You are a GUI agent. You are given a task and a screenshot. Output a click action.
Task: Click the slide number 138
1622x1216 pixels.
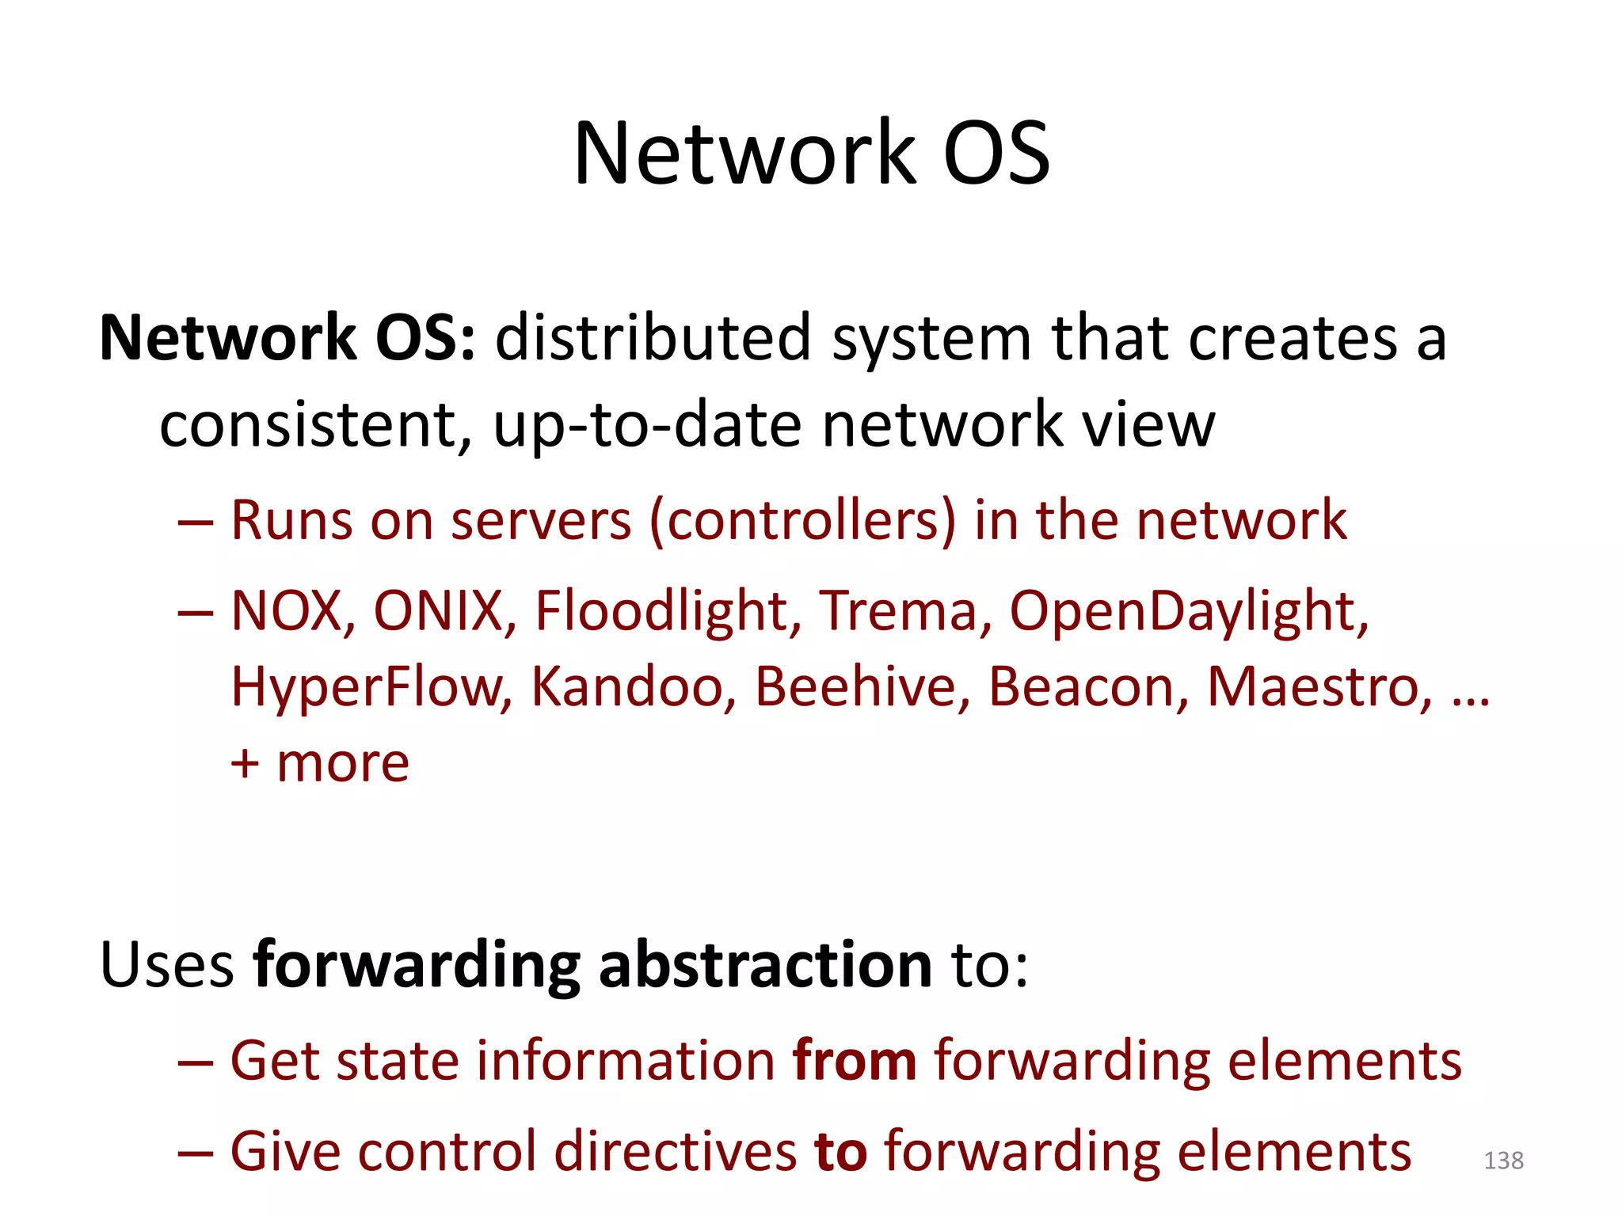1503,1161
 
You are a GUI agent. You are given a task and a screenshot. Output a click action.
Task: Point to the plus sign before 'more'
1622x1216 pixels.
245,765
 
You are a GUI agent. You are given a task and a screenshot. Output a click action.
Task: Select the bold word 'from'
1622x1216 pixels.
854,1061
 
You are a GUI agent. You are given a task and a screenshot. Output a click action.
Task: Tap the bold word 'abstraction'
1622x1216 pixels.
765,966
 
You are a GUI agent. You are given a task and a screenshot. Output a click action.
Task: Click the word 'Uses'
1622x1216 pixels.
166,966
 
